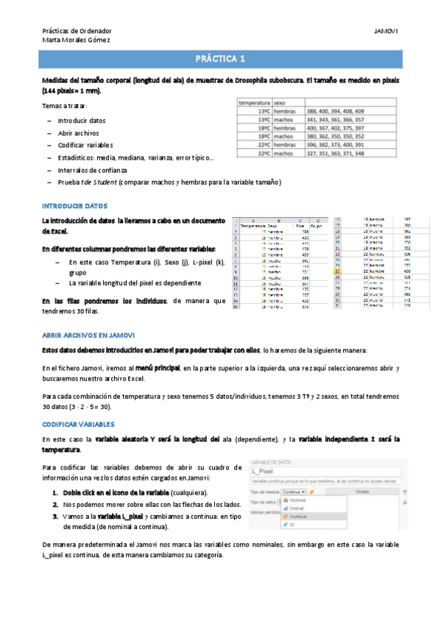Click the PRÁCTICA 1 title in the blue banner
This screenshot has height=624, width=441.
(220, 60)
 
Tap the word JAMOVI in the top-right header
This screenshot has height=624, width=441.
(387, 31)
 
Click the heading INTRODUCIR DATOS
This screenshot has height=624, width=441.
(75, 205)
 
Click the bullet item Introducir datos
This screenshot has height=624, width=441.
(81, 120)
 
